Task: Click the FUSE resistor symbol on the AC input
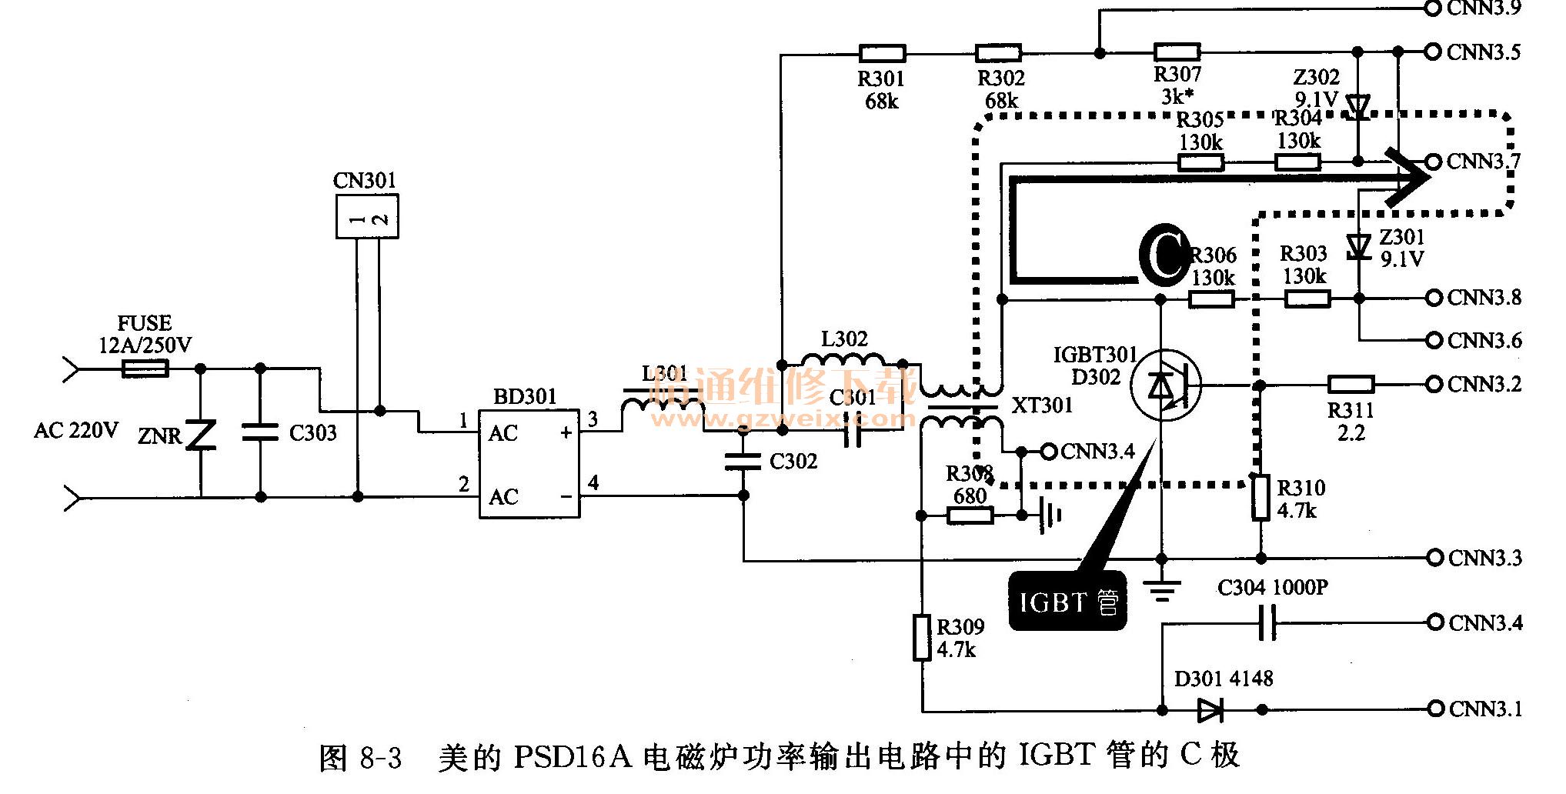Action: pyautogui.click(x=145, y=369)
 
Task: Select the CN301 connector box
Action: pyautogui.click(x=367, y=216)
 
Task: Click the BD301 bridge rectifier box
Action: pyautogui.click(x=529, y=464)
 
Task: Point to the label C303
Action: pyautogui.click(x=312, y=433)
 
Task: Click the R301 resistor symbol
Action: pyautogui.click(x=882, y=53)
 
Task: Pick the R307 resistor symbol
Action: pyautogui.click(x=1177, y=52)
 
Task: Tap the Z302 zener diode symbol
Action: pyautogui.click(x=1359, y=106)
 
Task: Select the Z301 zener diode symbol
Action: pyautogui.click(x=1359, y=246)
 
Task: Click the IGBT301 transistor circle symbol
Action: pyautogui.click(x=1165, y=385)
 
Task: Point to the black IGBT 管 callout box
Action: pyautogui.click(x=1067, y=602)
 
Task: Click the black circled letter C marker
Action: pyautogui.click(x=1164, y=255)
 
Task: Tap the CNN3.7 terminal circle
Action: pyautogui.click(x=1433, y=162)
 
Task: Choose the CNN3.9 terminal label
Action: pyautogui.click(x=1484, y=8)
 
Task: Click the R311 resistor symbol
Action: pyautogui.click(x=1351, y=384)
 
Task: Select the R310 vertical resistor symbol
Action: pyautogui.click(x=1260, y=498)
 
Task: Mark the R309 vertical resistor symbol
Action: pyautogui.click(x=922, y=637)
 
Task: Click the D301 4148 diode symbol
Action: pyautogui.click(x=1210, y=709)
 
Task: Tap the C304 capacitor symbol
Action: pyautogui.click(x=1267, y=622)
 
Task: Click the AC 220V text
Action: pyautogui.click(x=76, y=430)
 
